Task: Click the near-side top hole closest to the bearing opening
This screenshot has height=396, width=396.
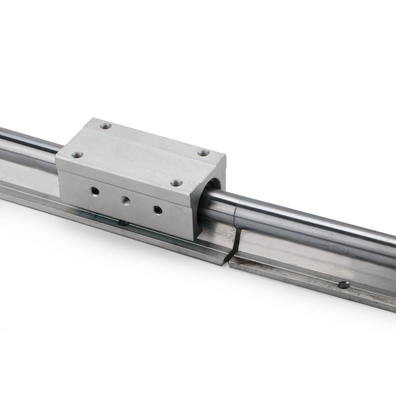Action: pyautogui.click(x=177, y=183)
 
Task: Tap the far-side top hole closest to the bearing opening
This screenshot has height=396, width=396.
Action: pyautogui.click(x=204, y=152)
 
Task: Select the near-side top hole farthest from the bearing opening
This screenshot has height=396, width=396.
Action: pyautogui.click(x=78, y=155)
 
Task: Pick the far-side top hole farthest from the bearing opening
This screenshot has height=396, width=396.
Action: pyautogui.click(x=105, y=126)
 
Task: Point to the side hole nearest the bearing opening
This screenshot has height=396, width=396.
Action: pyautogui.click(x=158, y=209)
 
